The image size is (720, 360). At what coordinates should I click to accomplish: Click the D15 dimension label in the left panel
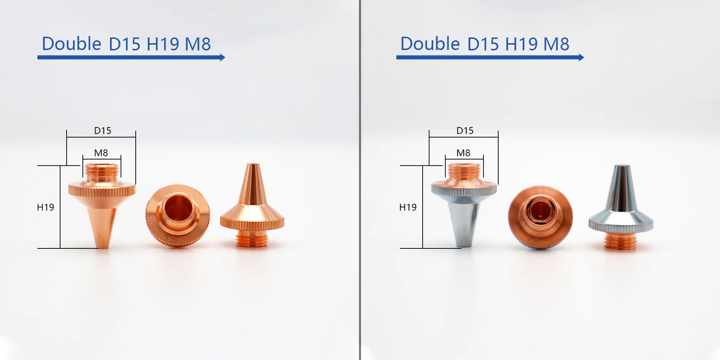(x=103, y=131)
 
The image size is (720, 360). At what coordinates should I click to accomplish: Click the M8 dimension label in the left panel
(x=101, y=153)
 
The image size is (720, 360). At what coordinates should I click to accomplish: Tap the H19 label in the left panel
(x=45, y=207)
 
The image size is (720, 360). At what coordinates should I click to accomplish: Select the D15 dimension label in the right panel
(x=465, y=131)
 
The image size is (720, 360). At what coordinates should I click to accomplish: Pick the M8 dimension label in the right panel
(x=463, y=153)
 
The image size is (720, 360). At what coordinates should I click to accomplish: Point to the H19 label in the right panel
(x=408, y=207)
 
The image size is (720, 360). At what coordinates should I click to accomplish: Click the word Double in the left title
(x=72, y=44)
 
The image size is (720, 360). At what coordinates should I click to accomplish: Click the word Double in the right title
(x=430, y=44)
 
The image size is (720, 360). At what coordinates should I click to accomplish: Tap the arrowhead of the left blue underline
(x=222, y=57)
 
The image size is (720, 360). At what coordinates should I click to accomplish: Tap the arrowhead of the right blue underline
(x=581, y=57)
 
